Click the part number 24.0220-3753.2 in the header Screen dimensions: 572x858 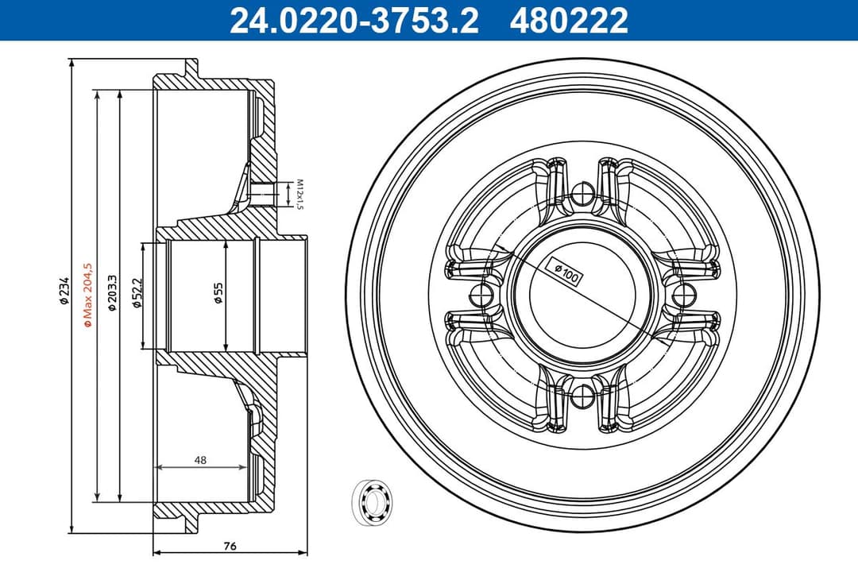(x=354, y=21)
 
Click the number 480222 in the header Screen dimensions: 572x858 (x=570, y=21)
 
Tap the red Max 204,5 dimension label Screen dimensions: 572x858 (x=88, y=295)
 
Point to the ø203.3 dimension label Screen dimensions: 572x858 (x=113, y=292)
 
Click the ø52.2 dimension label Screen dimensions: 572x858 (x=137, y=293)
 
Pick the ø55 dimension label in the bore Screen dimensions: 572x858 (x=218, y=293)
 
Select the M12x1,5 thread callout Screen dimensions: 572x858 (x=300, y=194)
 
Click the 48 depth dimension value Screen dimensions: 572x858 (x=200, y=459)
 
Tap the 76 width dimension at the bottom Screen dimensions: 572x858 (x=230, y=546)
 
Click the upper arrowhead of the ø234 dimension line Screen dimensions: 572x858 (x=71, y=63)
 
